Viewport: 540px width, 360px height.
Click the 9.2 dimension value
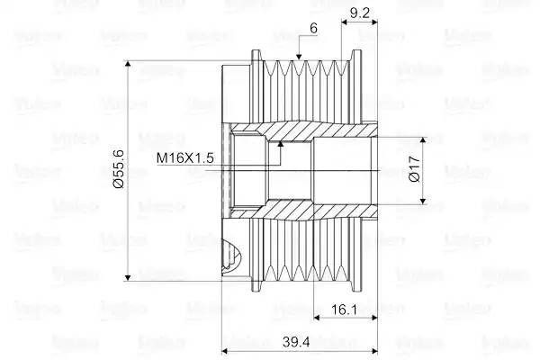358,13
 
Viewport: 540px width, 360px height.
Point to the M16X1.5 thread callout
184,158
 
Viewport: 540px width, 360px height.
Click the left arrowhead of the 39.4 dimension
226,351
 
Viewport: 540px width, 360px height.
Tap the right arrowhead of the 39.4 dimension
373,351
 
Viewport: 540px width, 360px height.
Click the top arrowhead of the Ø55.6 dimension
131,64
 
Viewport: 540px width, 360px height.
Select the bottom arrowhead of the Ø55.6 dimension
131,278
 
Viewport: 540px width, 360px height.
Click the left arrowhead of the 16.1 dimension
317,319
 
